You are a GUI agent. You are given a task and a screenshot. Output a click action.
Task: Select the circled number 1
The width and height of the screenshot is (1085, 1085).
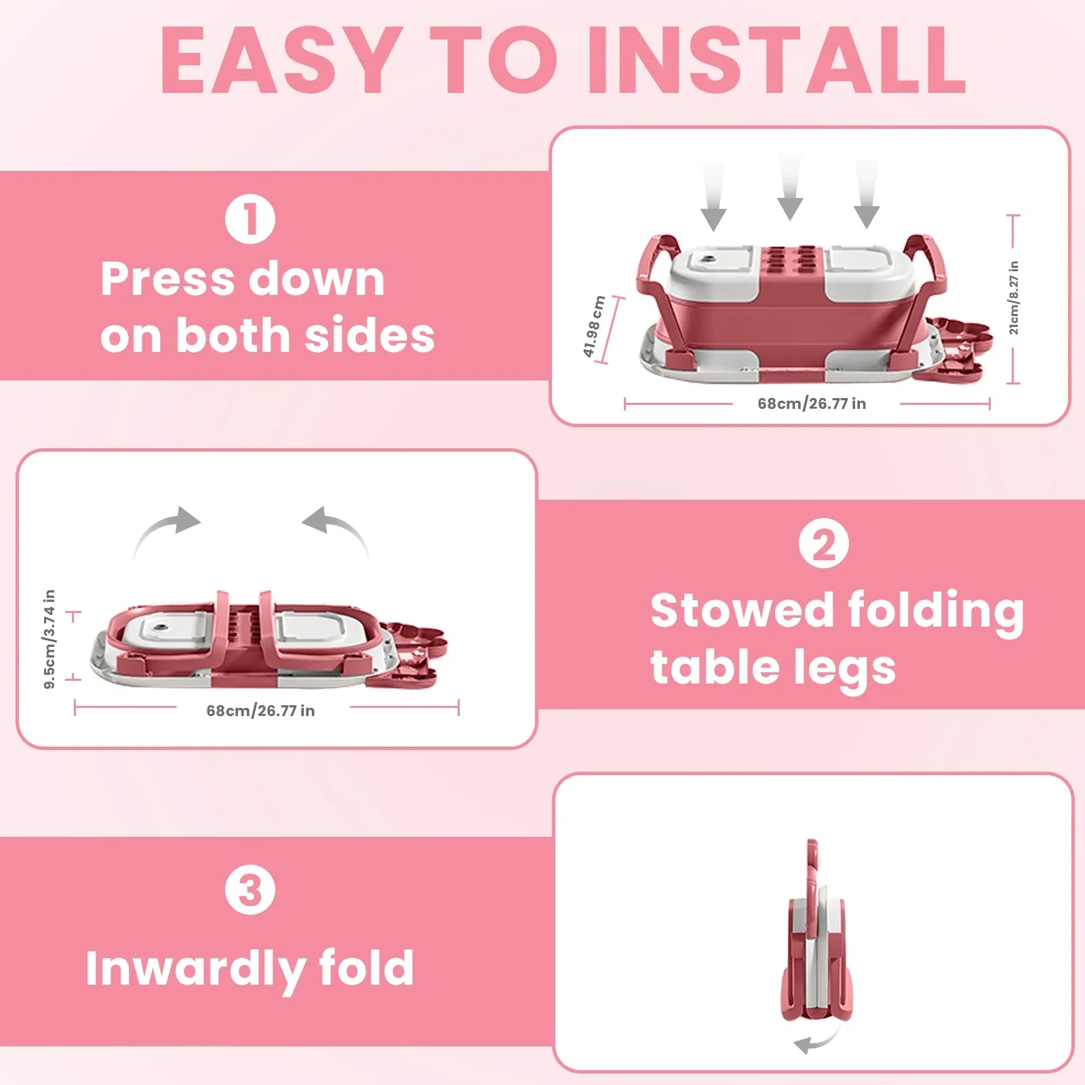pos(250,219)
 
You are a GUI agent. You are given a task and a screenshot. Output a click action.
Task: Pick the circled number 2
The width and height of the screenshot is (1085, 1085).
pos(823,543)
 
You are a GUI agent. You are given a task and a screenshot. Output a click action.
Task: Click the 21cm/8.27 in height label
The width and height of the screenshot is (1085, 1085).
pos(1014,298)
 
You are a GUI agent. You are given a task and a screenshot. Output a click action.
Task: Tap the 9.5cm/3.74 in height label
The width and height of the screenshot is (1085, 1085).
pos(49,639)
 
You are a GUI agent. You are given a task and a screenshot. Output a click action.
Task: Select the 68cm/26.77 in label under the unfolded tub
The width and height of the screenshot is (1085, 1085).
pos(812,403)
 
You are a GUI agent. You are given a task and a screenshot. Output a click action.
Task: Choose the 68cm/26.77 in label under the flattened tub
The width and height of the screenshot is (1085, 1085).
pos(260,711)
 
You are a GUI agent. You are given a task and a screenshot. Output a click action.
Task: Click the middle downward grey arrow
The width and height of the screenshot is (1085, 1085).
pos(789,186)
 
